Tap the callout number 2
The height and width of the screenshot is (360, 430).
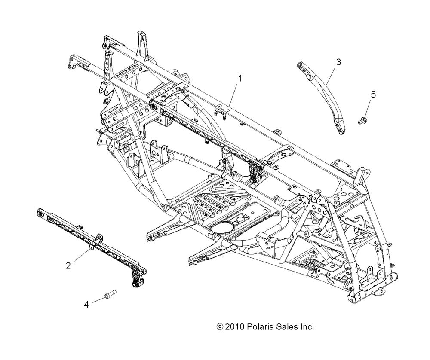pyautogui.click(x=68, y=265)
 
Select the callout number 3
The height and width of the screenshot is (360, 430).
pyautogui.click(x=338, y=62)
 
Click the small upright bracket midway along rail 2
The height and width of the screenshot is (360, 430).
pyautogui.click(x=99, y=238)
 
